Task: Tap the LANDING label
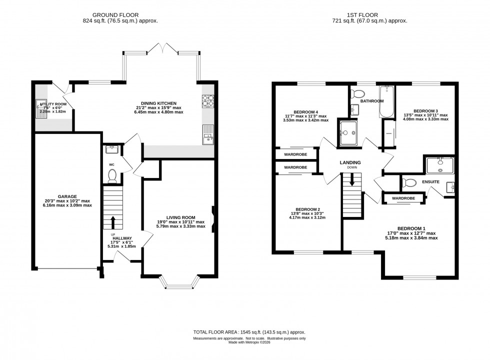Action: pyautogui.click(x=350, y=162)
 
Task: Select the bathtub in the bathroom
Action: pyautogui.click(x=387, y=101)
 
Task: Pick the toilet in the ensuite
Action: pyautogui.click(x=408, y=182)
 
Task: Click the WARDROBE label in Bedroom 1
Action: pyautogui.click(x=403, y=198)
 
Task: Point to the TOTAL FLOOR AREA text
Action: pyautogui.click(x=249, y=332)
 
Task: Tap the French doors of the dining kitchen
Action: pyautogui.click(x=161, y=48)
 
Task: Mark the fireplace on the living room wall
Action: pyautogui.click(x=213, y=220)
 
